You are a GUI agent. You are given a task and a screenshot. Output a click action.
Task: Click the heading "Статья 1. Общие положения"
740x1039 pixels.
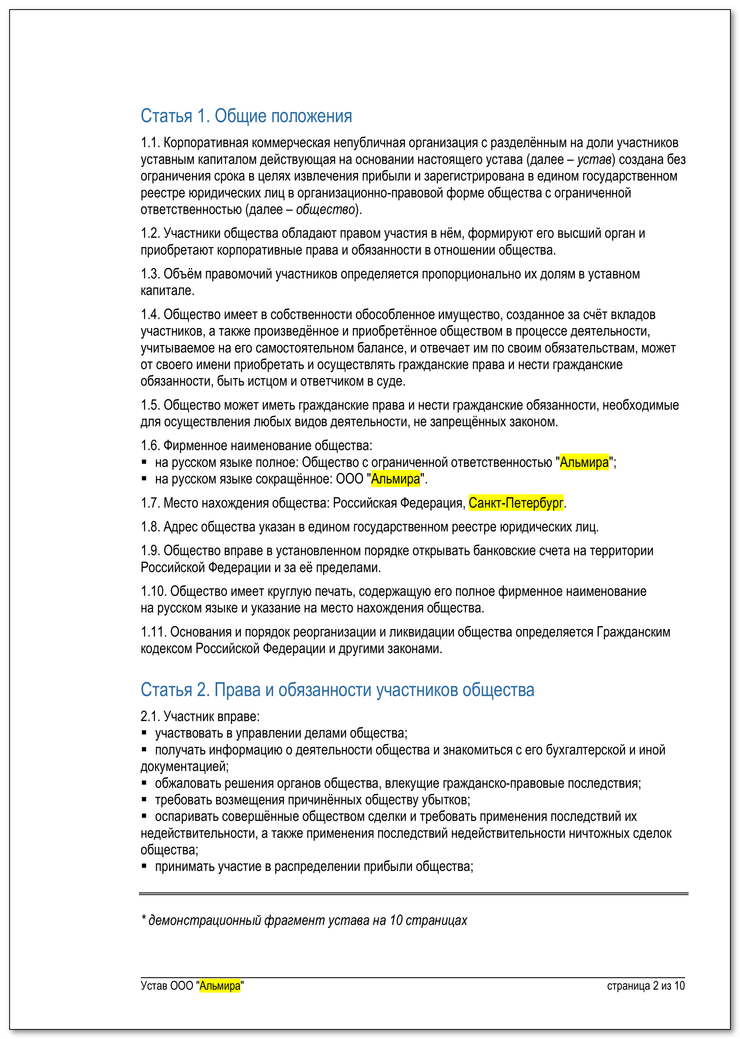click(246, 116)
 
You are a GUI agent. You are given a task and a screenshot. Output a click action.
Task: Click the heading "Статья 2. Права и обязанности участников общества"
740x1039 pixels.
click(337, 690)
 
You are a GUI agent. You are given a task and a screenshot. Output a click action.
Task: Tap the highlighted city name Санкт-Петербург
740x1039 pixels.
click(516, 503)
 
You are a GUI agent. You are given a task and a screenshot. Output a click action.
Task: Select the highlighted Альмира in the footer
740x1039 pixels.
click(220, 986)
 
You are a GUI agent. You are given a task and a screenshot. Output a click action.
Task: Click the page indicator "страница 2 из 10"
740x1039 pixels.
click(645, 986)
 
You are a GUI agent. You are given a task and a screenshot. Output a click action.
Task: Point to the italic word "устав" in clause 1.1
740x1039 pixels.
click(594, 159)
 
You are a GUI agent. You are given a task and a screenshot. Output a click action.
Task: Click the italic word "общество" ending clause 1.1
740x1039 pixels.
click(325, 210)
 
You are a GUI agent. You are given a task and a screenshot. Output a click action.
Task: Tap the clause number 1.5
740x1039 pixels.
click(150, 405)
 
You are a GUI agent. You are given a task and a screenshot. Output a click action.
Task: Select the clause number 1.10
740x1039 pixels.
click(153, 592)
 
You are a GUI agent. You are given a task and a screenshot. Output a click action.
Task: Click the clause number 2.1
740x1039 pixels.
click(150, 716)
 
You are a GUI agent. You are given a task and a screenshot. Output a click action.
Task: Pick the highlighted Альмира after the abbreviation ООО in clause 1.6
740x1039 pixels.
click(395, 479)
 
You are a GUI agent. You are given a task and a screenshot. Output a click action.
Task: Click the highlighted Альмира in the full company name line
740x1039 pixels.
click(584, 462)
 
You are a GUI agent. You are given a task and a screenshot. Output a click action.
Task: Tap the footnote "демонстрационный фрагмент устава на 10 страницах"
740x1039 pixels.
click(307, 920)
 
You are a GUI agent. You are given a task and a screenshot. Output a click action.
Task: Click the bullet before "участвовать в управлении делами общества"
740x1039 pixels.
click(144, 733)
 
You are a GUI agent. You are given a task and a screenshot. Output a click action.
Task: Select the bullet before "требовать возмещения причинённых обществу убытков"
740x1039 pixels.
click(144, 799)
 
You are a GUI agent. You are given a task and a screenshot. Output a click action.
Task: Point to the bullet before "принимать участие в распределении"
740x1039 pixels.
click(144, 866)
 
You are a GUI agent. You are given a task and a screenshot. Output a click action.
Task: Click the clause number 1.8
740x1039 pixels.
click(150, 527)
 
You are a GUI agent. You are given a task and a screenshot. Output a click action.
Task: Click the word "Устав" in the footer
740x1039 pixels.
click(154, 986)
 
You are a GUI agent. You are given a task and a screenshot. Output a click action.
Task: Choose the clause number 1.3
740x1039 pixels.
click(150, 274)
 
